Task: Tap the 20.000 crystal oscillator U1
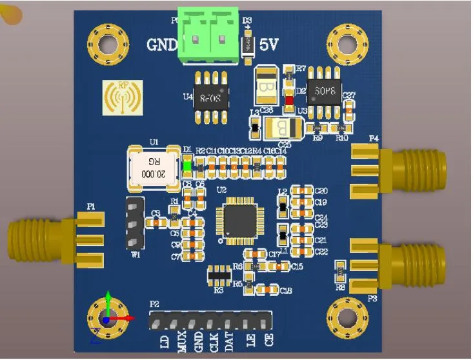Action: (154, 167)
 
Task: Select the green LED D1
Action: (187, 166)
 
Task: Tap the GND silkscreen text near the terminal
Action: (161, 46)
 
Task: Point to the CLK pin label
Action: (214, 339)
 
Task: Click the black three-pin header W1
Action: (134, 223)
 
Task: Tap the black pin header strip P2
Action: (210, 320)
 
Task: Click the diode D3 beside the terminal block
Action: (246, 45)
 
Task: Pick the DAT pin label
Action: (229, 339)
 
